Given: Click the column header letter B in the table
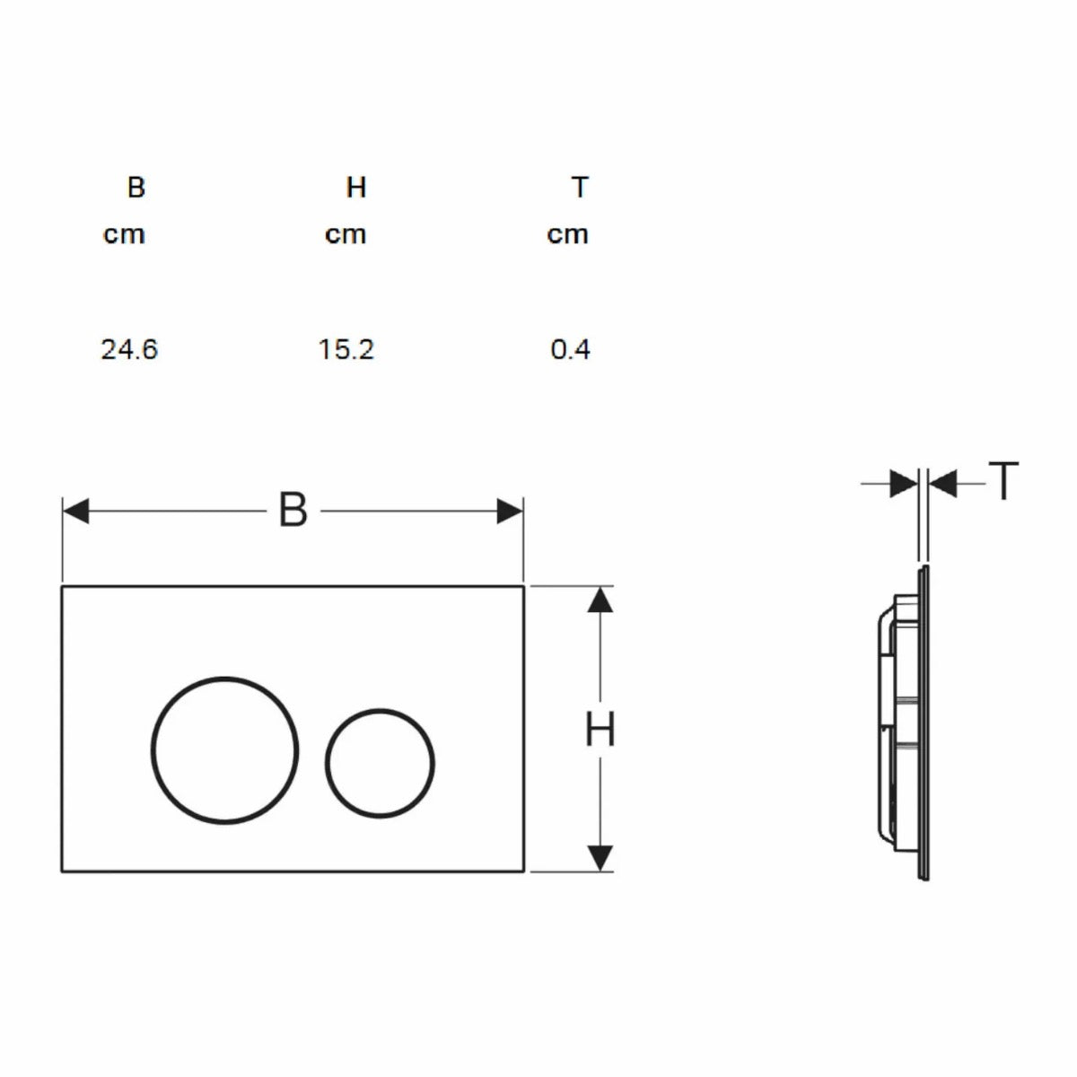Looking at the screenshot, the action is pyautogui.click(x=136, y=188).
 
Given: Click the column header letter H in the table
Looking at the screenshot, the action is pyautogui.click(x=356, y=188).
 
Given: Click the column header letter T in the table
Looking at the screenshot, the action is pyautogui.click(x=580, y=188).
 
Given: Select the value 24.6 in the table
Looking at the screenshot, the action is pyautogui.click(x=129, y=350).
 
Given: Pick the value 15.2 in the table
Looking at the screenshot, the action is pyautogui.click(x=346, y=350).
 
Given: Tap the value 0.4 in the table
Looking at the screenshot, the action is pyautogui.click(x=570, y=350).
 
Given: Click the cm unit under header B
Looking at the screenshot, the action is pyautogui.click(x=124, y=235).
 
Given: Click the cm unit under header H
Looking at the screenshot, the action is pyautogui.click(x=346, y=235).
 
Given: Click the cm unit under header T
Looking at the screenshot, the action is pyautogui.click(x=567, y=235).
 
